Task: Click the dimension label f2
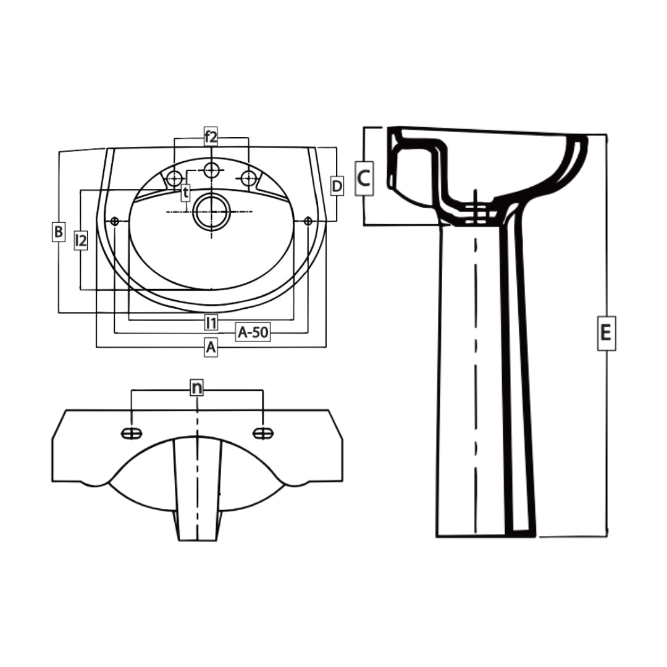211,137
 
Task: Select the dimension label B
58,232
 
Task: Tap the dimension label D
337,185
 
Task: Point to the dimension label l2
80,240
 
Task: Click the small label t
185,193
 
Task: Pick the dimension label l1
211,321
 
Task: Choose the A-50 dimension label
253,332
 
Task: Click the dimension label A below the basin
211,348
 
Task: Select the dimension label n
196,388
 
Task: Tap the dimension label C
364,178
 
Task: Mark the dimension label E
606,333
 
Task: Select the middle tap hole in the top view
212,169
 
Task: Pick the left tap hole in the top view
175,178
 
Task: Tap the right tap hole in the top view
248,178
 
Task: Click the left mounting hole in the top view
114,221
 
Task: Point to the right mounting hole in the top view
308,220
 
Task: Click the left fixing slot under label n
132,434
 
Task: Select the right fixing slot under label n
263,434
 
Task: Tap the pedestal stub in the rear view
197,488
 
